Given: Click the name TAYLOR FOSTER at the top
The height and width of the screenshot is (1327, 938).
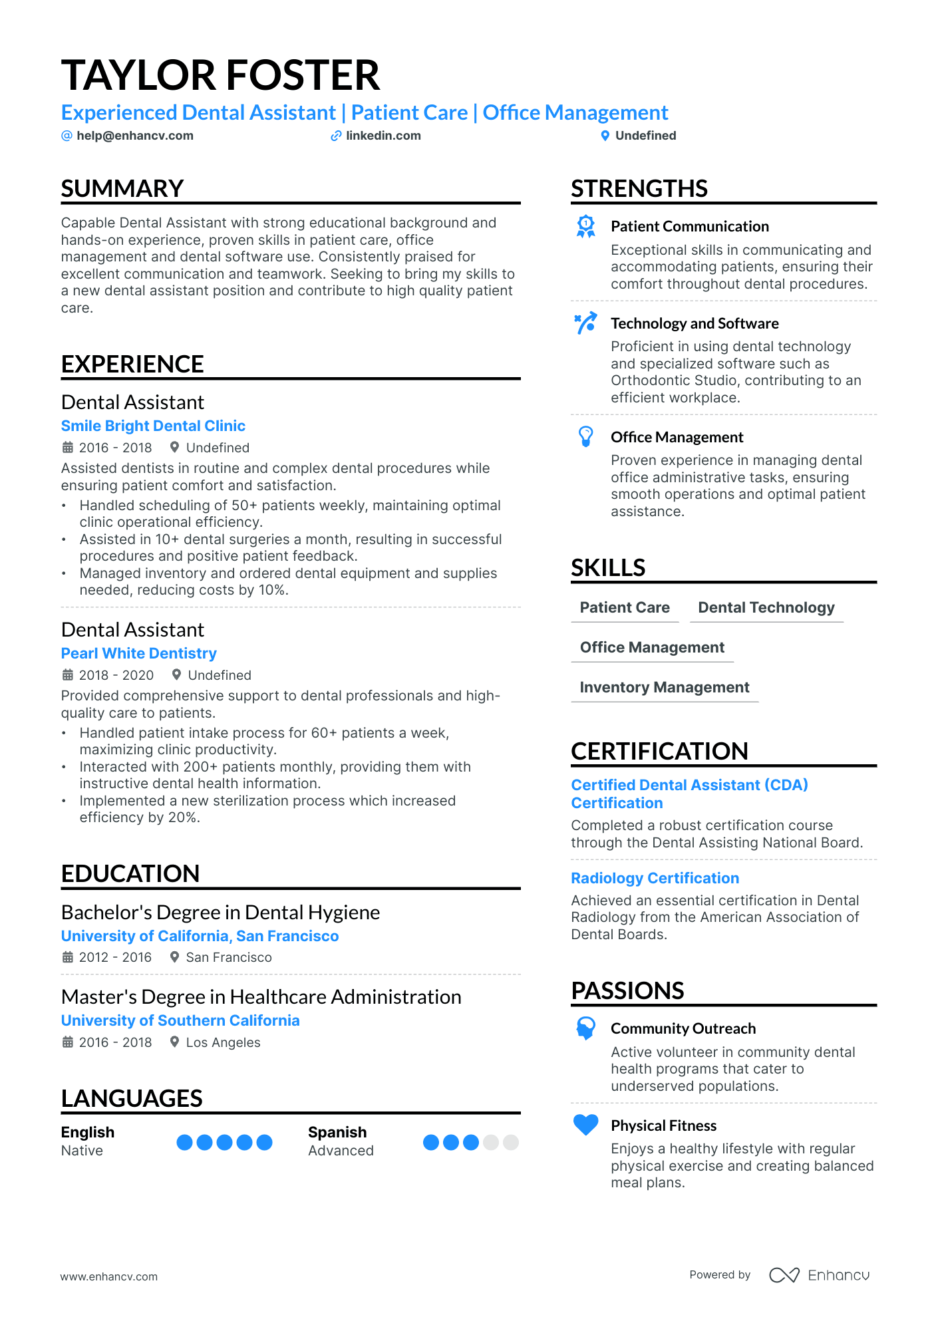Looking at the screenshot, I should tap(220, 75).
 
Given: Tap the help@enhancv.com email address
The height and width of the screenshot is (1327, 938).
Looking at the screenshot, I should tap(134, 136).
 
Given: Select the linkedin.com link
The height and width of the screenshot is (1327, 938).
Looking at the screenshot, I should tap(383, 136).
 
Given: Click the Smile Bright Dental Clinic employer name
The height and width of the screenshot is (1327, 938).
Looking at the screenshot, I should tap(153, 426).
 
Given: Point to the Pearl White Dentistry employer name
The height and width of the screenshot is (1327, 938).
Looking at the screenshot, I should tap(138, 653).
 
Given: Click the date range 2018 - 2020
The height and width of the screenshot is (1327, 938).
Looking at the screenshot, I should tap(116, 675).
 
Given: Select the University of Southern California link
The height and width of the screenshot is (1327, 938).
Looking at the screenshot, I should tap(180, 1020).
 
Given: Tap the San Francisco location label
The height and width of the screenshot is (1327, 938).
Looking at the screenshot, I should tap(228, 957).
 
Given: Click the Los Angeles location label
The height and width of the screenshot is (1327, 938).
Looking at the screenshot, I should tap(223, 1042).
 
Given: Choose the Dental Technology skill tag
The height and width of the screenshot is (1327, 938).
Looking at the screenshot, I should tap(766, 607).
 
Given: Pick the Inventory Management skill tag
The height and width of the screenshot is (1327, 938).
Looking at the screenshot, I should tap(665, 687).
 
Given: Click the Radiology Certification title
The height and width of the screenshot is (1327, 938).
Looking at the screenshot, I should tap(655, 878).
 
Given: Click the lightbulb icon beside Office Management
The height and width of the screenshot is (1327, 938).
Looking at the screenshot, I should tap(586, 436).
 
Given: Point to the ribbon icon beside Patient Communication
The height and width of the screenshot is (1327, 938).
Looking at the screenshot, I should tap(586, 227).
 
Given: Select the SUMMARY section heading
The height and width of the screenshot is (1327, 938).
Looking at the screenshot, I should tap(122, 189).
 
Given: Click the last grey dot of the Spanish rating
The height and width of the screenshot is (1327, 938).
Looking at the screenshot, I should tap(511, 1142).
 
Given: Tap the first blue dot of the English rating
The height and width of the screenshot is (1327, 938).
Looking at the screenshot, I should tap(184, 1142).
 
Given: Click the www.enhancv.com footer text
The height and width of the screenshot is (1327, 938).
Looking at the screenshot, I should tap(109, 1276).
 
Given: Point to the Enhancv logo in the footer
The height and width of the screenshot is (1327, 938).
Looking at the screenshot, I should tap(820, 1275).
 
